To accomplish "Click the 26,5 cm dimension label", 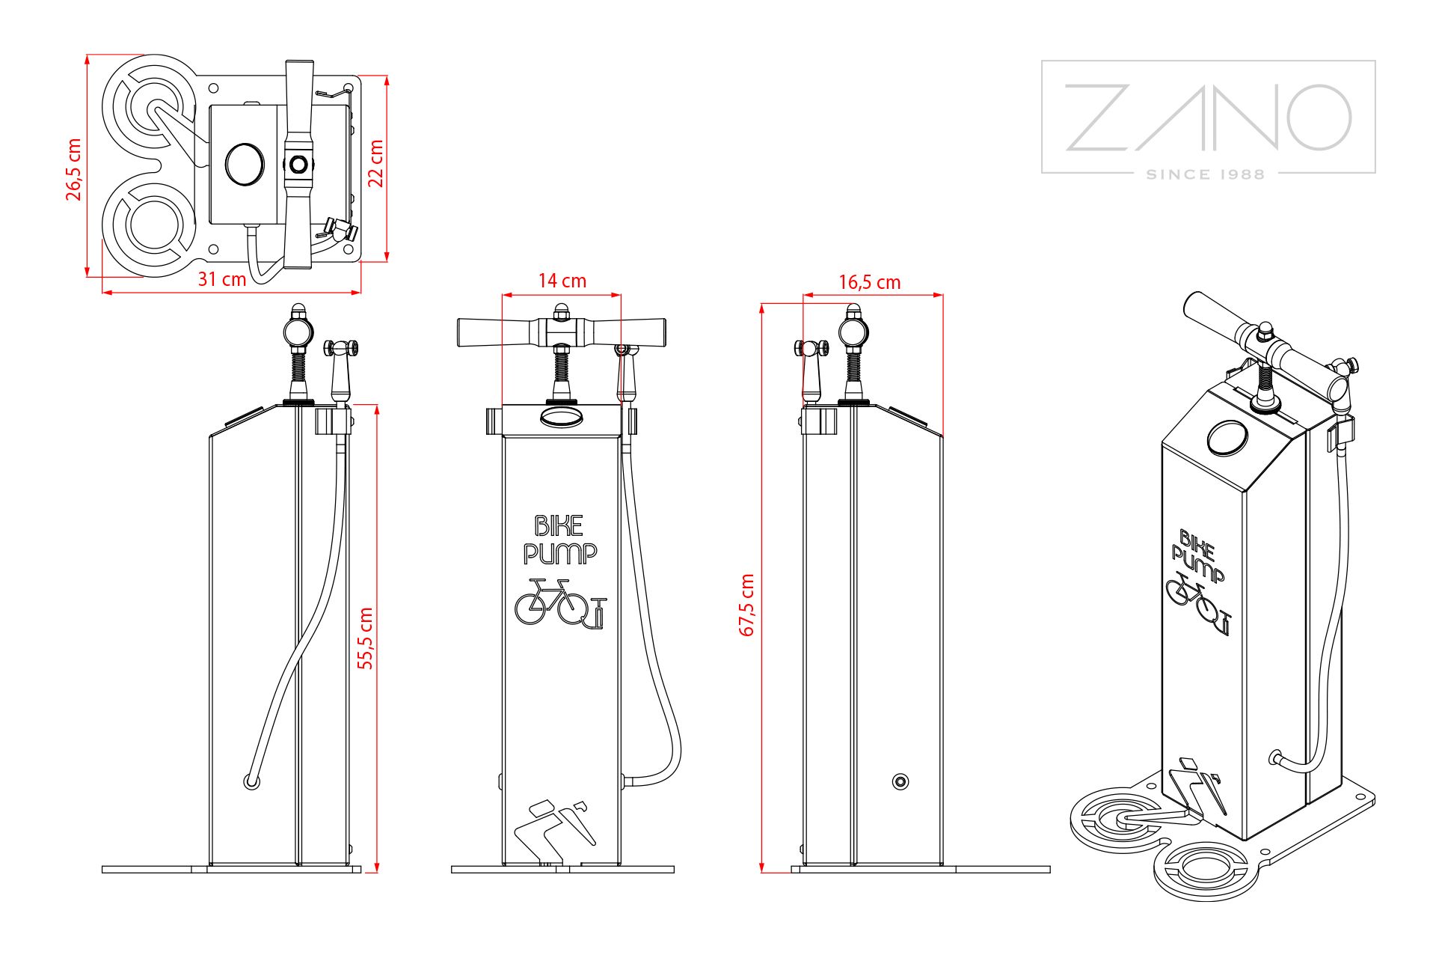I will tap(73, 169).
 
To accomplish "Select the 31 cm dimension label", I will tap(221, 279).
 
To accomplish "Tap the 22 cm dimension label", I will tap(376, 162).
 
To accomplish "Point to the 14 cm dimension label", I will tap(562, 281).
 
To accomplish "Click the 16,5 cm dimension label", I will tap(869, 282).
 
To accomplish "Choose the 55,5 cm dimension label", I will tap(366, 638).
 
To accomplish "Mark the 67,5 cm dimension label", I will tap(746, 605).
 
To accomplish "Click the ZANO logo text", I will tap(1208, 118).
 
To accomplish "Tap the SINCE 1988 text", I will tap(1206, 174).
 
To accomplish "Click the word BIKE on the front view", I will tap(559, 526).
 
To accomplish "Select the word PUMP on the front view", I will tap(560, 554).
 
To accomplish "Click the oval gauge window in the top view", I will tap(245, 163).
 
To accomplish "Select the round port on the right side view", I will tap(900, 782).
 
